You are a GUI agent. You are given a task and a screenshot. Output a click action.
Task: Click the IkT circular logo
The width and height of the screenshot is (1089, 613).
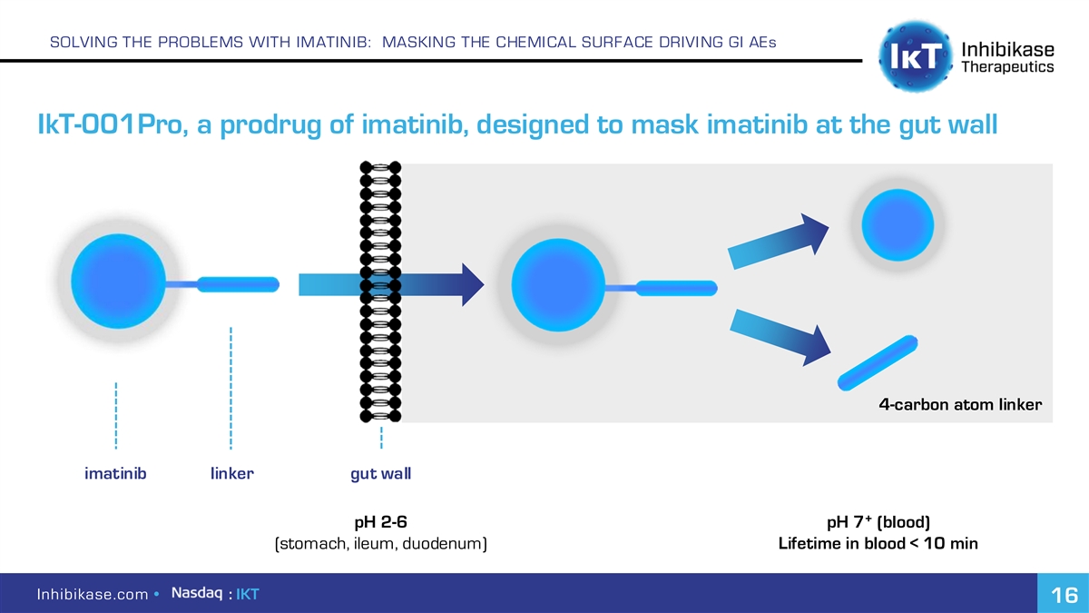pyautogui.click(x=916, y=56)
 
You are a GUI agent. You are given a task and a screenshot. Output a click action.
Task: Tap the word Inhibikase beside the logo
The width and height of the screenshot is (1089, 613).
pyautogui.click(x=1008, y=49)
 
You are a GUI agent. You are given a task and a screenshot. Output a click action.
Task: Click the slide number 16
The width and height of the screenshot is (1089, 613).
pyautogui.click(x=1064, y=595)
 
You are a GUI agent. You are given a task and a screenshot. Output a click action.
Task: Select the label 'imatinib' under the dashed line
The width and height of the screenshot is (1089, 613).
pyautogui.click(x=115, y=473)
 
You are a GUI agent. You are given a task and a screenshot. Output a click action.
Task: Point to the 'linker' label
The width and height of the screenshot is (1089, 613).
pyautogui.click(x=232, y=473)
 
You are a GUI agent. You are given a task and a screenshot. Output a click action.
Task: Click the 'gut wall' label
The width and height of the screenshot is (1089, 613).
pyautogui.click(x=380, y=474)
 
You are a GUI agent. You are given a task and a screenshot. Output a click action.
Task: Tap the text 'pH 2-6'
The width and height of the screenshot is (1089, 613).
pyautogui.click(x=380, y=522)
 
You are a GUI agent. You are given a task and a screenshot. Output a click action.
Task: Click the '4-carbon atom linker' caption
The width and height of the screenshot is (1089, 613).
pyautogui.click(x=960, y=404)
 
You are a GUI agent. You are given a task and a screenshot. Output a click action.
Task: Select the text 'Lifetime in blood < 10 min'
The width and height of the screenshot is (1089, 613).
pyautogui.click(x=878, y=543)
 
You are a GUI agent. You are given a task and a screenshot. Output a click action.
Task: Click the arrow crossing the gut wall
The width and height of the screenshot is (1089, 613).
pyautogui.click(x=391, y=284)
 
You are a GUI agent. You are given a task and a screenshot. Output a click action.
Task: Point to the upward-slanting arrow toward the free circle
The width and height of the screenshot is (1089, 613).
pyautogui.click(x=779, y=242)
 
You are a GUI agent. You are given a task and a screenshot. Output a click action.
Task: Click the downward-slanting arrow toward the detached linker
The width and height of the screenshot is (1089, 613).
pyautogui.click(x=780, y=337)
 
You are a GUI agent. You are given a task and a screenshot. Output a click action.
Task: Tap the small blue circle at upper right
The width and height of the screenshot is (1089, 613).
pyautogui.click(x=898, y=225)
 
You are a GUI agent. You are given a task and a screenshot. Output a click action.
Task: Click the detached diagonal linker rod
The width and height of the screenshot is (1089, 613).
pyautogui.click(x=878, y=362)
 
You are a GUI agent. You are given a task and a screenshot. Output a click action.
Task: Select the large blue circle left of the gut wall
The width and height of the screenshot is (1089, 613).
pyautogui.click(x=118, y=282)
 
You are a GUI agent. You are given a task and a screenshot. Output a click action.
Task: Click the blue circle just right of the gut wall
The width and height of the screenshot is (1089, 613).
pyautogui.click(x=558, y=285)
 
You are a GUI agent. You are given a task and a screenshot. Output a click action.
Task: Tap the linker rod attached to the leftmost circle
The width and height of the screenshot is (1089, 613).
pyautogui.click(x=238, y=284)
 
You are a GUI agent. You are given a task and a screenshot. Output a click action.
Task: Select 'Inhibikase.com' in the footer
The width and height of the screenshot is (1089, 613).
pyautogui.click(x=93, y=594)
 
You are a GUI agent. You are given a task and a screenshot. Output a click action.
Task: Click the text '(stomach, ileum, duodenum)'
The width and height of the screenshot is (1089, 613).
pyautogui.click(x=380, y=543)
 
